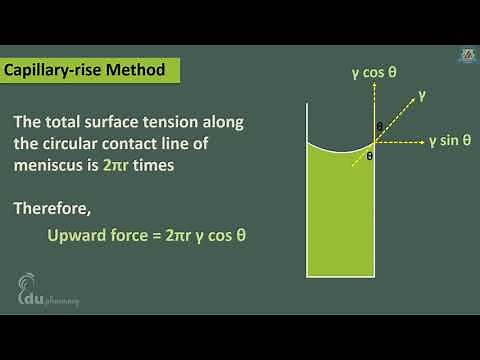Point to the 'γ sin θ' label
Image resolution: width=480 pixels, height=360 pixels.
[x=449, y=141]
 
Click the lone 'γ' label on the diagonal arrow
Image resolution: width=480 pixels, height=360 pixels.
[x=422, y=96]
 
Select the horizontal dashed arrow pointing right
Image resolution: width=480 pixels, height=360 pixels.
[x=400, y=141]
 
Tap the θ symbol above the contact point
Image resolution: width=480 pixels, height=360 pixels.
[x=379, y=127]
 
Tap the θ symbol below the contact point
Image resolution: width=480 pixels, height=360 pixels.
[x=369, y=156]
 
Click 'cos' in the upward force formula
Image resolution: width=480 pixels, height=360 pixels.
[x=218, y=237]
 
